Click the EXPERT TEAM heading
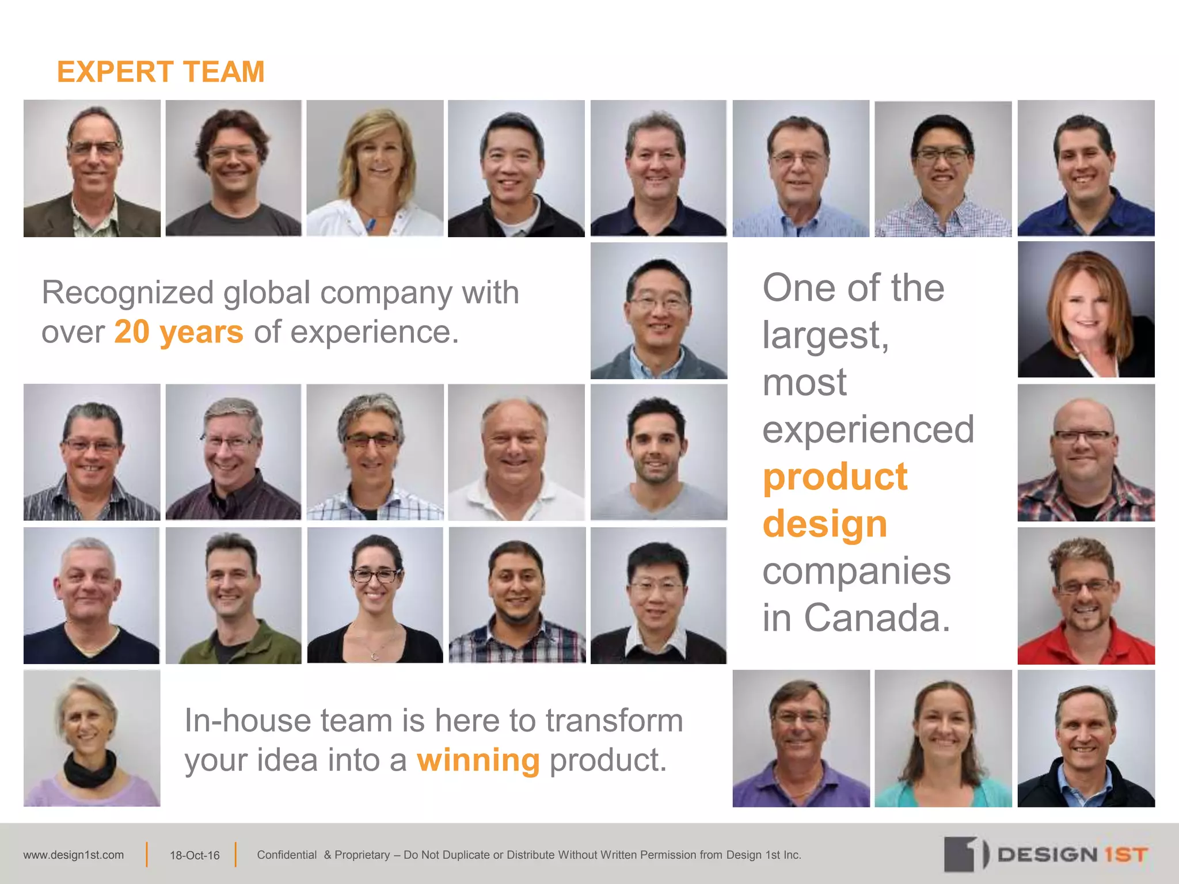(161, 72)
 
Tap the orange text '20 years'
(178, 332)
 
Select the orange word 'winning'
(478, 760)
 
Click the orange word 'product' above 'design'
(835, 477)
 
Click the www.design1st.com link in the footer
(74, 855)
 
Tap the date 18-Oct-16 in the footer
(195, 856)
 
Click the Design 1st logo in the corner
(1045, 854)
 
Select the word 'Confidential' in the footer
(287, 855)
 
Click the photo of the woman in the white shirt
(375, 168)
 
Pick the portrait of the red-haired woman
(1086, 310)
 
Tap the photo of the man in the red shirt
(1086, 596)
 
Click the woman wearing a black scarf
(92, 738)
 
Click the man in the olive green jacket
(233, 596)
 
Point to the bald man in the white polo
(516, 453)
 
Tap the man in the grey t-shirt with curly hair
(233, 168)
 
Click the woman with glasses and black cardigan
(375, 596)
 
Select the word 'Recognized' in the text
(127, 292)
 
